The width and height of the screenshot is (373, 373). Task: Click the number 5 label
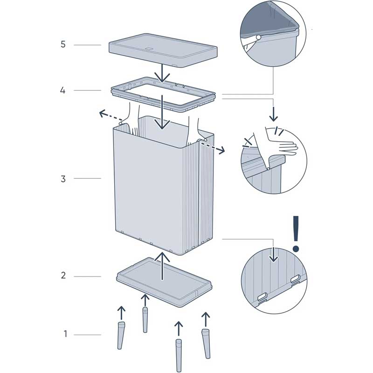point(63,44)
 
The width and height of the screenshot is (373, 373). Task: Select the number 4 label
point(63,90)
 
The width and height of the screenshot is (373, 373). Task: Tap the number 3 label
point(63,179)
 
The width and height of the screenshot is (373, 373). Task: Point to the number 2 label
point(63,275)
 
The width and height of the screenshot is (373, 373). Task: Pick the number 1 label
point(65,334)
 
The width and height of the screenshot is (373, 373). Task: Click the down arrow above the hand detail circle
point(273,111)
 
